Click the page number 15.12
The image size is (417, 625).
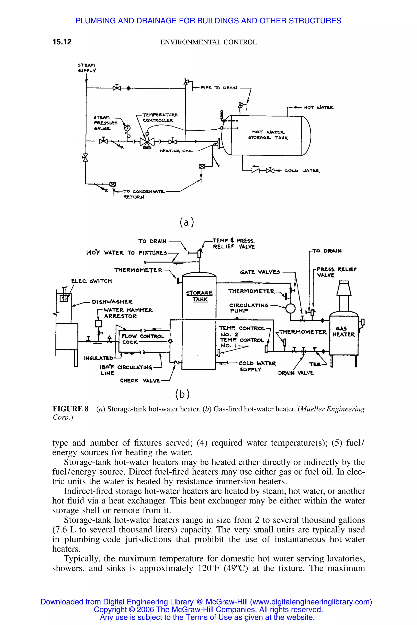(x=62, y=42)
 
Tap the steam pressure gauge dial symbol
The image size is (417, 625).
(x=128, y=128)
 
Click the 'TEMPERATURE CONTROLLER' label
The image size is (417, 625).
(x=160, y=117)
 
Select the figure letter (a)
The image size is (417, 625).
(x=187, y=222)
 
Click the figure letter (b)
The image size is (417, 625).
(x=182, y=394)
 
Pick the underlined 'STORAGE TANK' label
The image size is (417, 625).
(x=200, y=296)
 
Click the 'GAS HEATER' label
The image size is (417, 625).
(x=344, y=331)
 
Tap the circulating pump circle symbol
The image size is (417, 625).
(x=290, y=308)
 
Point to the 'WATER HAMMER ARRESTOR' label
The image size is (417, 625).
(x=128, y=313)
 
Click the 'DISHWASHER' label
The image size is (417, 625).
(x=112, y=302)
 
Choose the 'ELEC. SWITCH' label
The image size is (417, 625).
(x=91, y=281)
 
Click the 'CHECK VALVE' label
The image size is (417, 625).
(x=140, y=380)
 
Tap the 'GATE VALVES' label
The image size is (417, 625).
(x=260, y=272)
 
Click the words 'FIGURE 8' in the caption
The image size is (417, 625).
(x=70, y=409)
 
